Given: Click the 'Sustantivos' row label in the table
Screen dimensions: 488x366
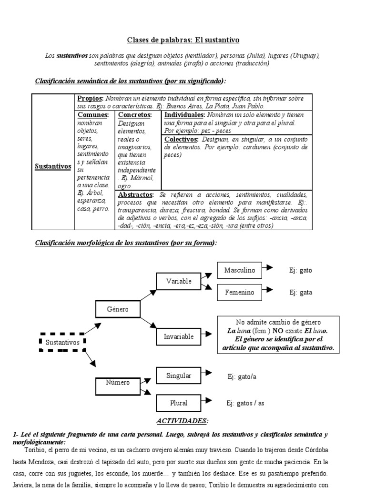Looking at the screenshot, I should [52, 166].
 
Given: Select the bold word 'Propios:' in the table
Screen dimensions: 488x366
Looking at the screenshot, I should [91, 98].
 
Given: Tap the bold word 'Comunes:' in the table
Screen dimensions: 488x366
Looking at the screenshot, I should [93, 115].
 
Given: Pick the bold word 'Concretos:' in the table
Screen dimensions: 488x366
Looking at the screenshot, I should [135, 115].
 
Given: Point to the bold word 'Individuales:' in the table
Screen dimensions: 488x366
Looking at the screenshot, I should [184, 115].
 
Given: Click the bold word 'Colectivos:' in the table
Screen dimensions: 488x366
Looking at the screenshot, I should [182, 140].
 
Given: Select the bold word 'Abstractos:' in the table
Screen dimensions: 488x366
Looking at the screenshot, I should [136, 195].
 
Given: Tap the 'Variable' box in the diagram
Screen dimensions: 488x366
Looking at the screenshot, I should [178, 281].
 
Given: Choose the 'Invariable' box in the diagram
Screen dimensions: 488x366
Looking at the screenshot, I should [178, 336].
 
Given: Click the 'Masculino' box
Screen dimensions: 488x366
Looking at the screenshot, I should [240, 270].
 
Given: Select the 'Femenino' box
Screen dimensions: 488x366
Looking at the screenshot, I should [240, 293].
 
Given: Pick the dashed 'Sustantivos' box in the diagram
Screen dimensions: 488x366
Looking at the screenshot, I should [62, 342].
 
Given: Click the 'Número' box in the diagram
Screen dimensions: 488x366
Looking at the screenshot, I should [118, 382].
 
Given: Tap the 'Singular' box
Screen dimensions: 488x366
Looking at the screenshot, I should [178, 376].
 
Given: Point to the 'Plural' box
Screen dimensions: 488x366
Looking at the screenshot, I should [178, 403].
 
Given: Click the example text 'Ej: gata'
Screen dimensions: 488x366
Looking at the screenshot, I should [300, 293].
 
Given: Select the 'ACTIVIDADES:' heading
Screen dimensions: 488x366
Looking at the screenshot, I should [183, 421].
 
